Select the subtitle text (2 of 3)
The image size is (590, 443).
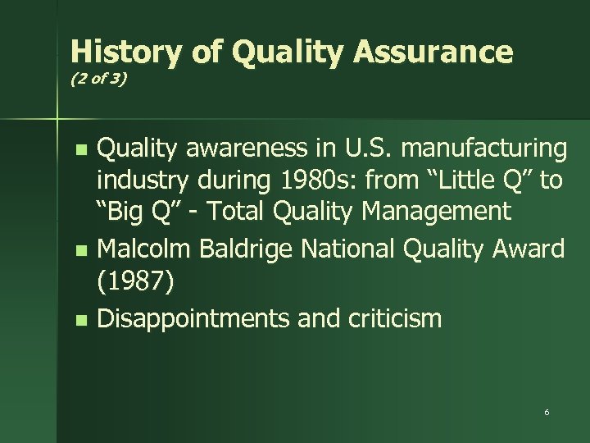click(x=98, y=83)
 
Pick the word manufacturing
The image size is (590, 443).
click(x=491, y=151)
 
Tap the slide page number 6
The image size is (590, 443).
click(x=547, y=411)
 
